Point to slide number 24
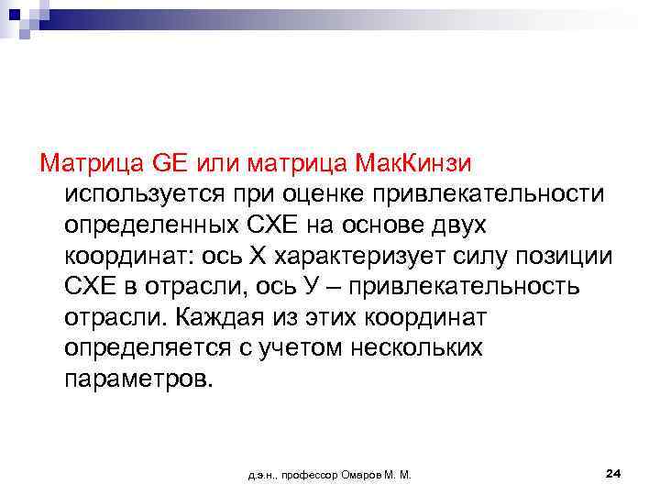614,473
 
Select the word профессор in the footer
305,475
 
